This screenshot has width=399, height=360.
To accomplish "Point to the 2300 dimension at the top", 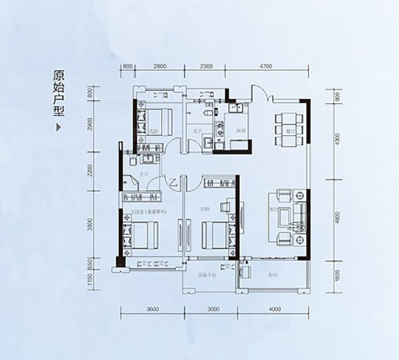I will click(205, 66).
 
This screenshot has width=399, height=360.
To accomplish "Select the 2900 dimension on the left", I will click(88, 126).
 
